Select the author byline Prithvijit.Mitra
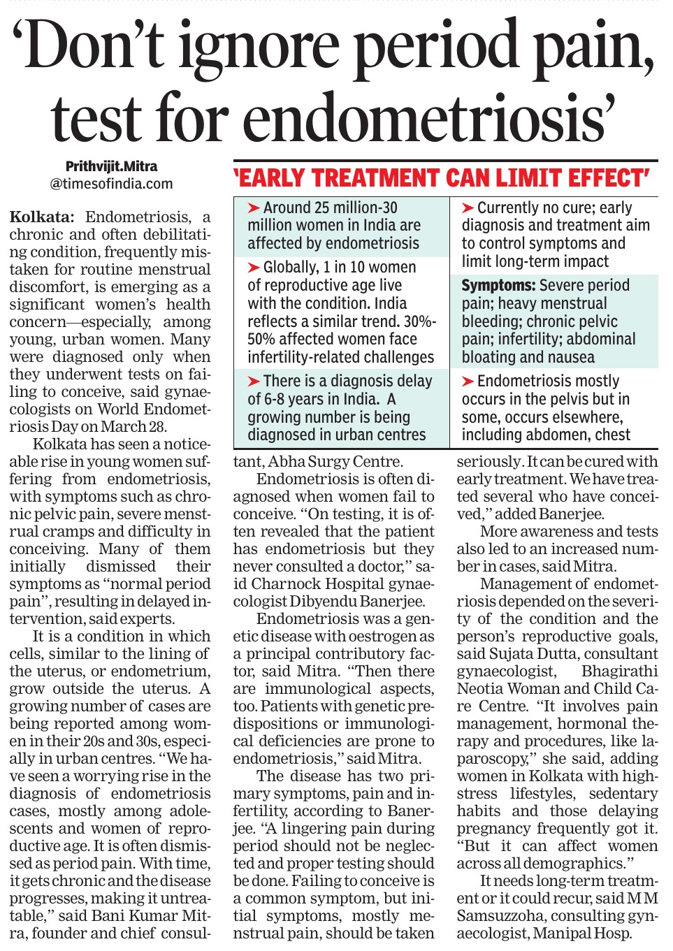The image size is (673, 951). pyautogui.click(x=111, y=166)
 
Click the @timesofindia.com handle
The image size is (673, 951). pyautogui.click(x=111, y=184)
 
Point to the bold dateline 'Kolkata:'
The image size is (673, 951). pyautogui.click(x=41, y=217)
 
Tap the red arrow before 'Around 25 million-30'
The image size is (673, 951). pyautogui.click(x=254, y=208)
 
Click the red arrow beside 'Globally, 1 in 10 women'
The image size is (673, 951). pyautogui.click(x=254, y=268)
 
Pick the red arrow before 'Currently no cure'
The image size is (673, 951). pyautogui.click(x=468, y=208)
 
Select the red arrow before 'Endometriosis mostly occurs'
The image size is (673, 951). pyautogui.click(x=468, y=382)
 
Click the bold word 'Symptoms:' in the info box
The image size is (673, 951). pyautogui.click(x=498, y=285)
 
